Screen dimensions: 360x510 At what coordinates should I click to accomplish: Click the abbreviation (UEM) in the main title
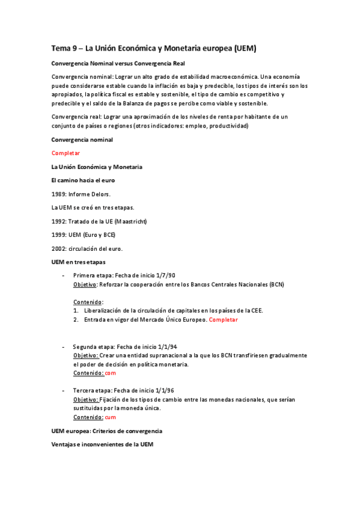[x=248, y=48]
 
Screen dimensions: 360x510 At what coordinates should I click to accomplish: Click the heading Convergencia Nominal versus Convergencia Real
[x=118, y=63]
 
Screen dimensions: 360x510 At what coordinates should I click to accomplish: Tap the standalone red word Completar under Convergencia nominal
[x=66, y=153]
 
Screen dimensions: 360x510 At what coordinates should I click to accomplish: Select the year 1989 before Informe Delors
[x=59, y=194]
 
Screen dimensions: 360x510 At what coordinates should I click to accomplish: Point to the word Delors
[x=100, y=194]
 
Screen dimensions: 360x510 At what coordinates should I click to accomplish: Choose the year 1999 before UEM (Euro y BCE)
[x=59, y=235]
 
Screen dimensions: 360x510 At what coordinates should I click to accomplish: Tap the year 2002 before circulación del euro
[x=59, y=248]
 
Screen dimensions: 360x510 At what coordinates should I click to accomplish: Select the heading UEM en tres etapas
[x=78, y=262]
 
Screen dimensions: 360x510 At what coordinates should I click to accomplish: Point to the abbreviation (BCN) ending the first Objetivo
[x=276, y=284]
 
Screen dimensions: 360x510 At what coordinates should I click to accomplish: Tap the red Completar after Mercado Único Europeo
[x=223, y=319]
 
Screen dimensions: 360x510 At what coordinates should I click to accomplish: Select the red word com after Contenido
[x=111, y=373]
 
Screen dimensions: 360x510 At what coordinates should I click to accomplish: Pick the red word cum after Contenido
[x=111, y=417]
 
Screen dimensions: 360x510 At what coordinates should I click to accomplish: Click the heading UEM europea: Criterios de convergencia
[x=106, y=431]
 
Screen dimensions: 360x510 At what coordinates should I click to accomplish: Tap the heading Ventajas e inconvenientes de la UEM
[x=102, y=444]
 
